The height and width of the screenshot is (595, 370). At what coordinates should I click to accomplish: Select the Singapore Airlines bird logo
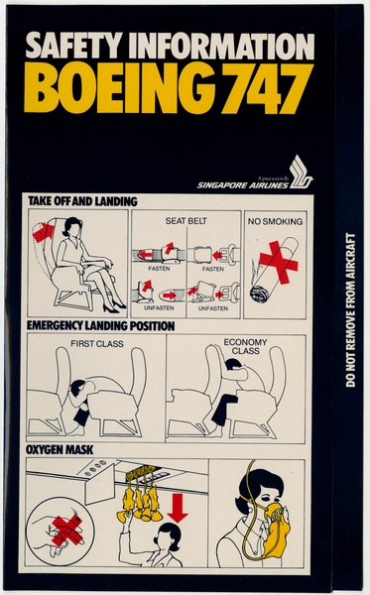click(301, 171)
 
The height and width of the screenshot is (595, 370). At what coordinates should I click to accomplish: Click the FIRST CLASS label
click(95, 344)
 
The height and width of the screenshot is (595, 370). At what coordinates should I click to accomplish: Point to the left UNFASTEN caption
click(156, 308)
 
